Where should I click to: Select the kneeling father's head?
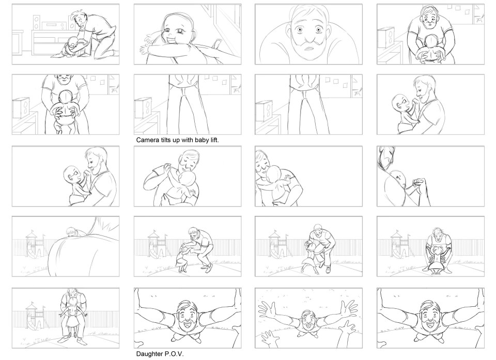pos(79,20)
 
